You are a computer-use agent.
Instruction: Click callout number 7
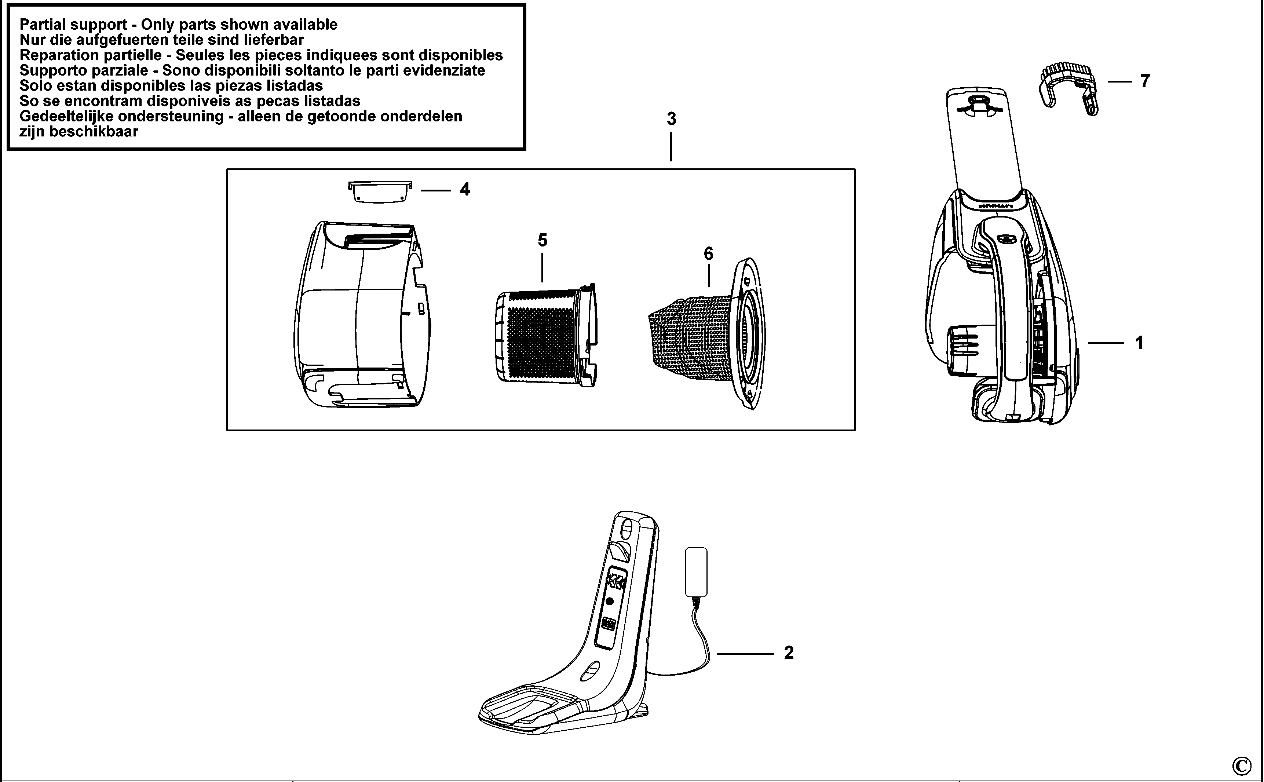tap(1145, 81)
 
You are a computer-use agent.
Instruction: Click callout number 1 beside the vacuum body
tap(1139, 343)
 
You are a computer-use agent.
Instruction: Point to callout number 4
tap(464, 190)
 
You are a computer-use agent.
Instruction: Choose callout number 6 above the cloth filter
tap(708, 253)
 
